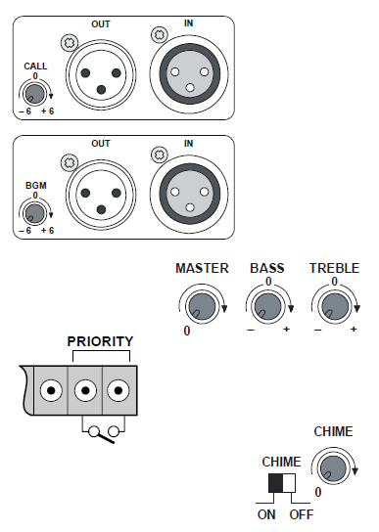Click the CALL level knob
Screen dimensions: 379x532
coord(34,94)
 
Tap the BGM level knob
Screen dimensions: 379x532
coord(34,213)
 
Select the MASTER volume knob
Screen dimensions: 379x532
coord(202,306)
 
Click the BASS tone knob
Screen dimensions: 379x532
coord(268,306)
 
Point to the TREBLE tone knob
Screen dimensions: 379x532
coord(335,306)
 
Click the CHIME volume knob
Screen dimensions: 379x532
coord(333,468)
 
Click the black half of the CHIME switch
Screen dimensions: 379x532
coord(275,483)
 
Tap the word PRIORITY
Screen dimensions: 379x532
coord(100,341)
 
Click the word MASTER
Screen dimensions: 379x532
coord(202,268)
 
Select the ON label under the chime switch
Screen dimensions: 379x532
coord(266,514)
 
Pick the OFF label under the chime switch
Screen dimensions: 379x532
coord(302,514)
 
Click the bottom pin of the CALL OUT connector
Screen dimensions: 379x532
coord(101,90)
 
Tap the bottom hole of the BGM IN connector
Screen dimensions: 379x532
coord(190,207)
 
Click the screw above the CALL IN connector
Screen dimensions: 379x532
coord(159,34)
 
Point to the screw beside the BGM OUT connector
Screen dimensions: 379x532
coord(70,162)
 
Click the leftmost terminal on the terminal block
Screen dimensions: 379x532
coord(51,390)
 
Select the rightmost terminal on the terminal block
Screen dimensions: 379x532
coord(118,390)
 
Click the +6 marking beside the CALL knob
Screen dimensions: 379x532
coord(48,111)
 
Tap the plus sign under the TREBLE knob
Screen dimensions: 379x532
coord(354,329)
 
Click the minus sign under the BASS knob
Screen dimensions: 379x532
coord(251,330)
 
